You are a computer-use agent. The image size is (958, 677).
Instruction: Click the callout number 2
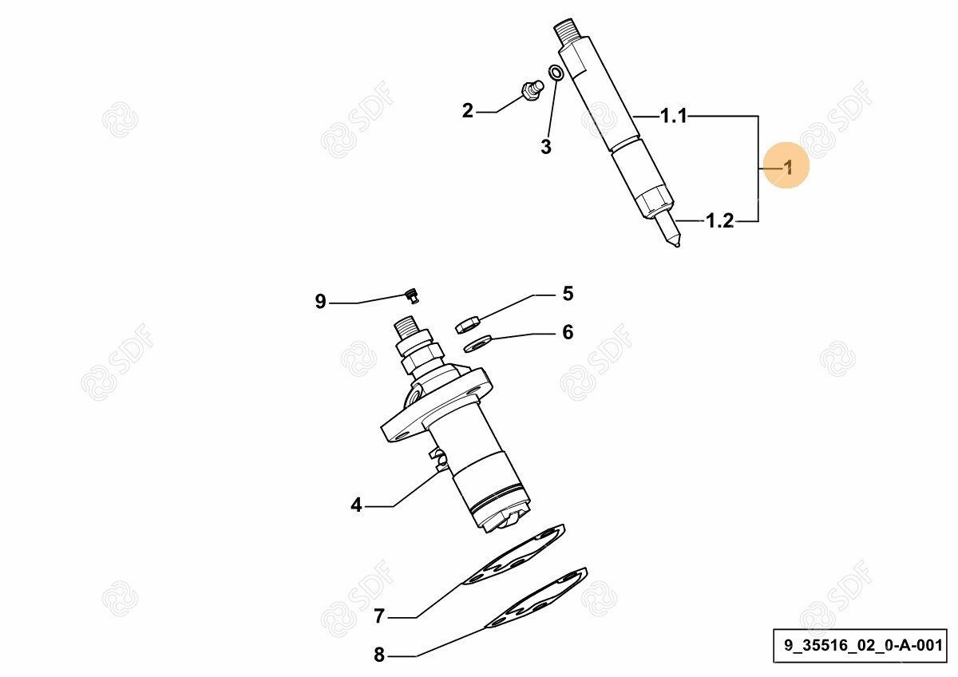(x=468, y=111)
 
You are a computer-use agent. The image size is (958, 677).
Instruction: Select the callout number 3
(x=546, y=147)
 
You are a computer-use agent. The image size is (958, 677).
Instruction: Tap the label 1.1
(x=674, y=116)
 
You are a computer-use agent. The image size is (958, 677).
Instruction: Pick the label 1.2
(x=719, y=220)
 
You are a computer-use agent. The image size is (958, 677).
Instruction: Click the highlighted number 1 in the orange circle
(x=788, y=167)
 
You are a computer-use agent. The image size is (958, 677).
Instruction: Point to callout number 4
(x=356, y=505)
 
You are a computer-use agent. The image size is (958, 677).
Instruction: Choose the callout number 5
(x=568, y=294)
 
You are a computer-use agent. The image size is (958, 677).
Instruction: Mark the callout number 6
(x=568, y=332)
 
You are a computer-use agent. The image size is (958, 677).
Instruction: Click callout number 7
(x=379, y=616)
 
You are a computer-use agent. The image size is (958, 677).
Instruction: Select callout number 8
(x=379, y=655)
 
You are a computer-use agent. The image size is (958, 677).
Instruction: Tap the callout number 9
(x=320, y=302)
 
